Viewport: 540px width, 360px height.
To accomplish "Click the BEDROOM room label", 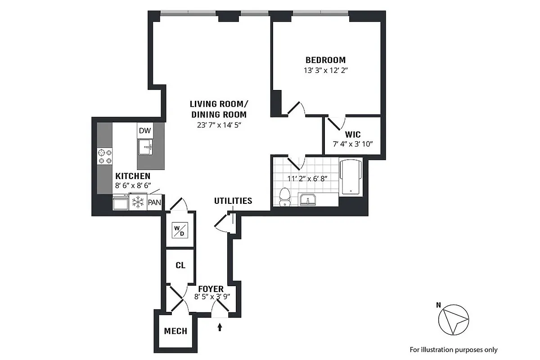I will point(325,60).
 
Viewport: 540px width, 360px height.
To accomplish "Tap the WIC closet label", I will point(353,135).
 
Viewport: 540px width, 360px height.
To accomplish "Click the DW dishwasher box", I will point(144,131).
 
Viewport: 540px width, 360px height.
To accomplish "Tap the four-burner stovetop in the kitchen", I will point(105,156).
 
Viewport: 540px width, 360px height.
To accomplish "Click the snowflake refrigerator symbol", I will point(137,202).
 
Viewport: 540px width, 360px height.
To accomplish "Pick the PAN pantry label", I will point(154,202).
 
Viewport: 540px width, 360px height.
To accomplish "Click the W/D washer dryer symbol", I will point(180,230).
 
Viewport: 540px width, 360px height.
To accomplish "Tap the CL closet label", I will point(180,265).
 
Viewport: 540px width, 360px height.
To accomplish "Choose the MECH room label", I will point(175,332).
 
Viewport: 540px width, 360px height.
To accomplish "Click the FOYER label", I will point(209,288).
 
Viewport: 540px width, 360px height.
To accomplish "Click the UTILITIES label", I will point(233,201).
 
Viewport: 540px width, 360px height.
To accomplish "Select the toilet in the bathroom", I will point(284,197).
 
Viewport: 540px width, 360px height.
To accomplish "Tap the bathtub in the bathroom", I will point(351,177).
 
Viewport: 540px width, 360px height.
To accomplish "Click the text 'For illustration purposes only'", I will point(453,349).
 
